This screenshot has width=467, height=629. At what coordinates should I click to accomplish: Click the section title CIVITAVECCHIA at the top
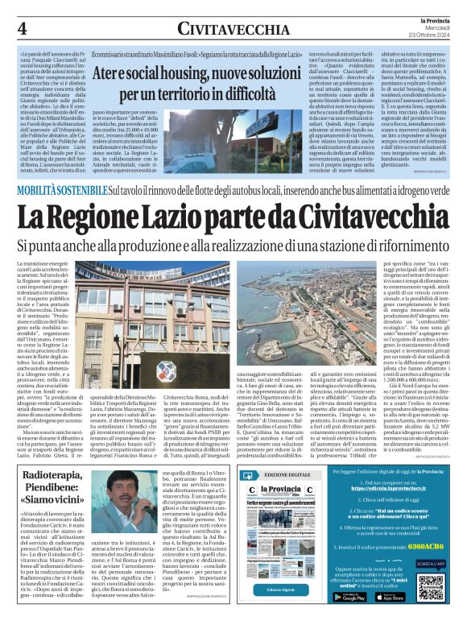[233, 29]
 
